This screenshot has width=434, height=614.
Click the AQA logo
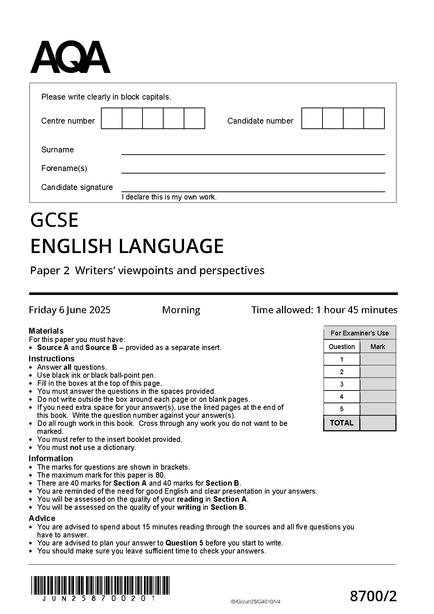pyautogui.click(x=70, y=58)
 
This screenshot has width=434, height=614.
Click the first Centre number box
pyautogui.click(x=112, y=118)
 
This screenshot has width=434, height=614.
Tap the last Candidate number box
pyautogui.click(x=374, y=118)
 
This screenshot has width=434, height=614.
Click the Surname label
pyautogui.click(x=57, y=150)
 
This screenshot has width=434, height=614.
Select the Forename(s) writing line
pyautogui.click(x=253, y=170)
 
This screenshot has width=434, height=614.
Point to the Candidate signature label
pyautogui.click(x=77, y=187)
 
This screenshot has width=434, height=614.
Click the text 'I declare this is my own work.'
pyautogui.click(x=169, y=197)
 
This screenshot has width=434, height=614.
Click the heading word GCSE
pyautogui.click(x=54, y=220)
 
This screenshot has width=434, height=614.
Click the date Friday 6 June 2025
pyautogui.click(x=70, y=310)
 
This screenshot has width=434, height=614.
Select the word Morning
pyautogui.click(x=181, y=310)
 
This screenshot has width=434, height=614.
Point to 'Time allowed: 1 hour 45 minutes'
pyautogui.click(x=324, y=310)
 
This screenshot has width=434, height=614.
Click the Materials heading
pyautogui.click(x=46, y=331)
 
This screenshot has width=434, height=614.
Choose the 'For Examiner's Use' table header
pyautogui.click(x=359, y=333)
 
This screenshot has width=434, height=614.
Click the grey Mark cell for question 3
pyautogui.click(x=378, y=384)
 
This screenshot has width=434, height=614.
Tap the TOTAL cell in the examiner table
pyautogui.click(x=341, y=423)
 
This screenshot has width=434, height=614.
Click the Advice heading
pyautogui.click(x=42, y=518)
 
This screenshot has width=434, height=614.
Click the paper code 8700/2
pyautogui.click(x=373, y=597)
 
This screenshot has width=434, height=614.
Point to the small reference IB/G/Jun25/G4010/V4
pyautogui.click(x=255, y=602)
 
